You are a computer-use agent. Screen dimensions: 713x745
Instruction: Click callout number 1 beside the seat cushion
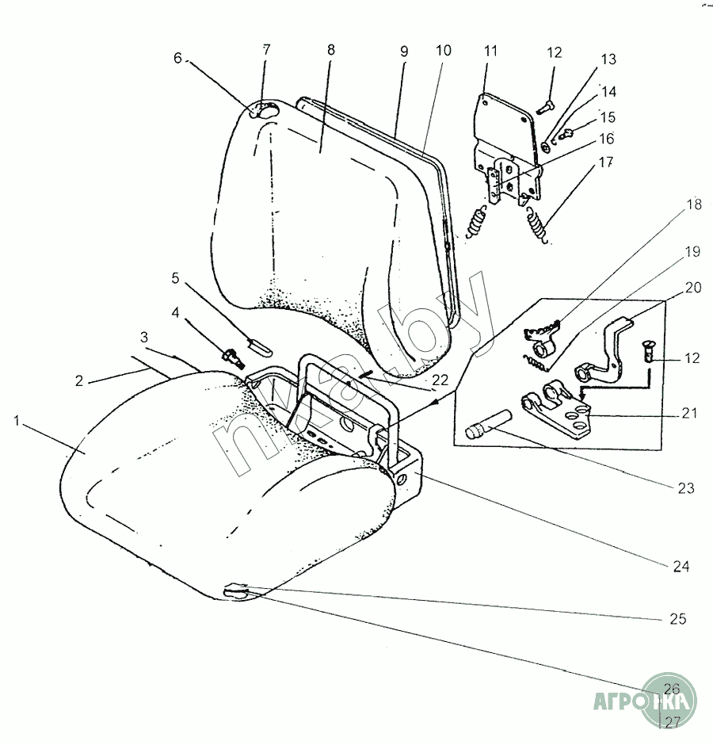pos(17,422)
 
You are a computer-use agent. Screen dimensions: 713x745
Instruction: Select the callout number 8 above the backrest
pos(330,50)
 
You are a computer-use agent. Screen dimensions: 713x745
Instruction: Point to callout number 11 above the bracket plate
pos(490,52)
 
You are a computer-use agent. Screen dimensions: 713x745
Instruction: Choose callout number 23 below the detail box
pos(687,488)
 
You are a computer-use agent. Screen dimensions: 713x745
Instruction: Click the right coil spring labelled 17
pos(538,224)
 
